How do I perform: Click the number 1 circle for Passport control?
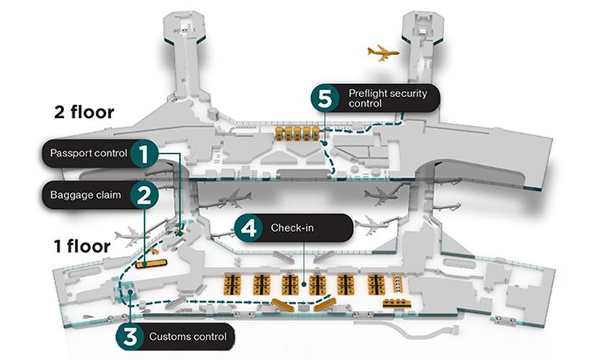pos(145,153)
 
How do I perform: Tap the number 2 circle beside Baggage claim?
pos(145,195)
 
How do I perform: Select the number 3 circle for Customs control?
pos(130,336)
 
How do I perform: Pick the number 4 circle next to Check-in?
pos(248,228)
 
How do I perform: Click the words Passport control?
pos(89,153)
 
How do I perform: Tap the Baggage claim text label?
pos(86,195)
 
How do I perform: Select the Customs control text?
pos(188,336)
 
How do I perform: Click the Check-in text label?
pos(292,228)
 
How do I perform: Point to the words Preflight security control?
pos(387,99)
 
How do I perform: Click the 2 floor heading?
pos(84,112)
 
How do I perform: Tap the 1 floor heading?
pos(82,246)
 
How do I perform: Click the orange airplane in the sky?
pos(383,53)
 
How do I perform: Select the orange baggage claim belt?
pos(151,264)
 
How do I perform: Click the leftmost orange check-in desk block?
pos(232,284)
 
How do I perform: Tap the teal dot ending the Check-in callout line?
pos(304,284)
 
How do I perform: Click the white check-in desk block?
pos(397,283)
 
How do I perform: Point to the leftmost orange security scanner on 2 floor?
pos(279,133)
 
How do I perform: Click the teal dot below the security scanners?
pos(325,143)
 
